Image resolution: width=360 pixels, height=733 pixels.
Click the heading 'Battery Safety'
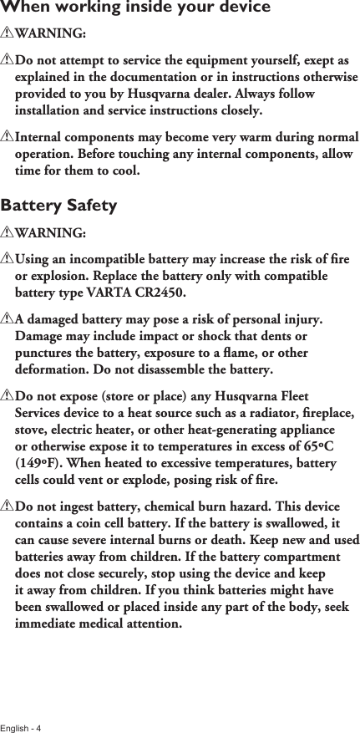(59, 206)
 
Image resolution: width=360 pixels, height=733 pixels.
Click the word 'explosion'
(60, 277)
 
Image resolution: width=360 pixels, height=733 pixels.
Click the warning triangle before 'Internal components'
(8, 138)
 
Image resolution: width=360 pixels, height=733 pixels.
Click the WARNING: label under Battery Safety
(50, 232)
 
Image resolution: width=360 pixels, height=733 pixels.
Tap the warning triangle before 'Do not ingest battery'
(8, 507)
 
